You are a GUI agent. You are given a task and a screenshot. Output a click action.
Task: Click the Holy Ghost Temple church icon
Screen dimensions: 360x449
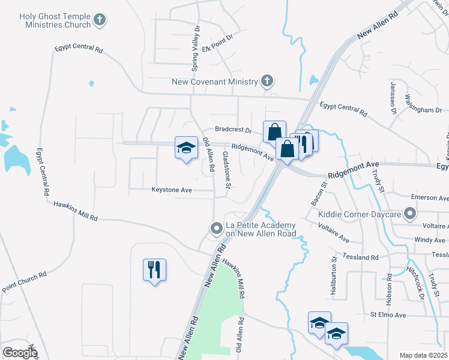click(100, 20)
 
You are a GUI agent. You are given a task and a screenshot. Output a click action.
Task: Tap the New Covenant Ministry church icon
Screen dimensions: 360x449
click(267, 81)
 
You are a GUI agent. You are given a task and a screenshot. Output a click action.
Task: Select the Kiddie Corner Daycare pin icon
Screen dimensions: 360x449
click(410, 214)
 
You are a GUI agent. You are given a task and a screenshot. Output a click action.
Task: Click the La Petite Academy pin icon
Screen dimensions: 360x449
click(216, 228)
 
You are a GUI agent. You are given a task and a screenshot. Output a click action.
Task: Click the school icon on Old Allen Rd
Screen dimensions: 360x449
click(186, 148)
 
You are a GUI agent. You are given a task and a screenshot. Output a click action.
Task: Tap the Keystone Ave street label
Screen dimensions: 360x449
click(171, 190)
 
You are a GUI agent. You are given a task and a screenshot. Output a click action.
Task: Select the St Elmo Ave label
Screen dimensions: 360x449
click(388, 315)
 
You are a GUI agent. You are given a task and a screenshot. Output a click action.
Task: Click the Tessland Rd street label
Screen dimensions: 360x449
click(360, 257)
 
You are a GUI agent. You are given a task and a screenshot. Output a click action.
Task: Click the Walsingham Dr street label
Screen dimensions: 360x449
click(423, 104)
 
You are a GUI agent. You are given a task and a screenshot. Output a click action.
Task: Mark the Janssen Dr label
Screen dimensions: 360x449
click(394, 98)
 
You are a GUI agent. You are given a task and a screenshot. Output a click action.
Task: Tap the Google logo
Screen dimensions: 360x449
click(20, 353)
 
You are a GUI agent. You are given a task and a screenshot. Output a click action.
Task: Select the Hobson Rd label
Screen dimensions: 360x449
click(389, 287)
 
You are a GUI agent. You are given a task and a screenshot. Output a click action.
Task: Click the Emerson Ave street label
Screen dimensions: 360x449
click(429, 197)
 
